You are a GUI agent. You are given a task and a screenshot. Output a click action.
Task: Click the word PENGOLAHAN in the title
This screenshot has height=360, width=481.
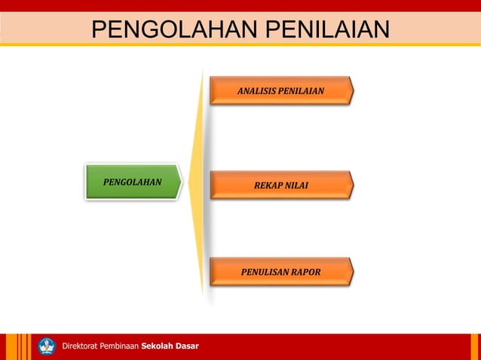coord(176,30)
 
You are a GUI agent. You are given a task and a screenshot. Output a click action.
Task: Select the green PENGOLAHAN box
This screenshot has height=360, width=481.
coord(132,182)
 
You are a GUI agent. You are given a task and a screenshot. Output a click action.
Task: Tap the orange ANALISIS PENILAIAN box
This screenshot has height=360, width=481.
coord(280,90)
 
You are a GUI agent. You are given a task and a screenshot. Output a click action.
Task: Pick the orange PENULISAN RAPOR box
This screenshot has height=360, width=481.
coord(280,272)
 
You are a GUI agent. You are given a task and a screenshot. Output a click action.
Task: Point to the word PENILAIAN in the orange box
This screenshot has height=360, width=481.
coord(302,91)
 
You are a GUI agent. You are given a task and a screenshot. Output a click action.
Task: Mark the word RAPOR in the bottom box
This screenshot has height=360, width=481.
coord(306,272)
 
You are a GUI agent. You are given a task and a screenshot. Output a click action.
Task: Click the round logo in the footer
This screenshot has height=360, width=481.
coord(47,346)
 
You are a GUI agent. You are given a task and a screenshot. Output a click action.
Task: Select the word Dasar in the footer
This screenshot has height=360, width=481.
coord(187,346)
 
